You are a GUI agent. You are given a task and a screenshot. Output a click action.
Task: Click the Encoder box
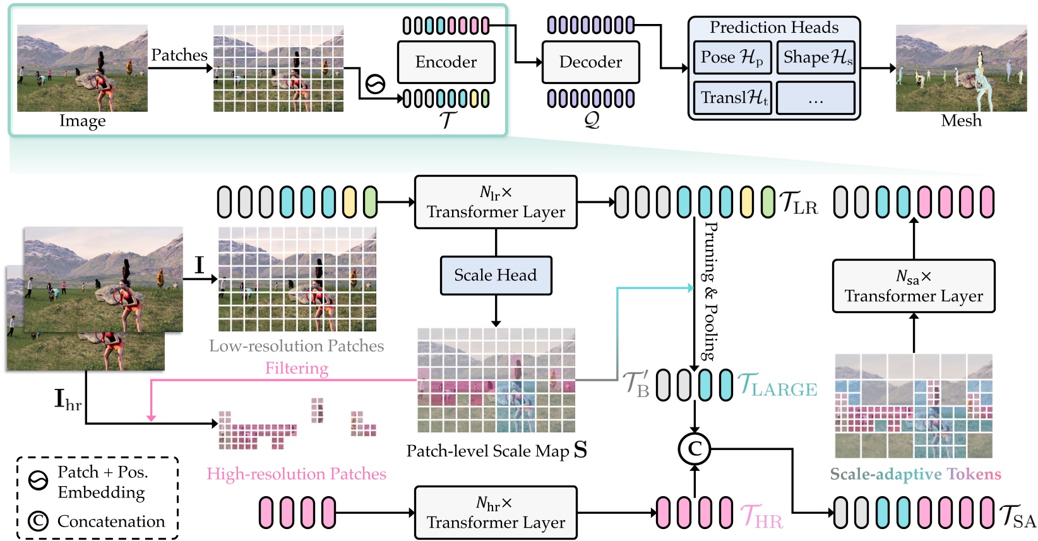pyautogui.click(x=446, y=62)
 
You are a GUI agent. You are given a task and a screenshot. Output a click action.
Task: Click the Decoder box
pyautogui.click(x=590, y=62)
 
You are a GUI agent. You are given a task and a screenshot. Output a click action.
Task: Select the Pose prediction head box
pyautogui.click(x=732, y=57)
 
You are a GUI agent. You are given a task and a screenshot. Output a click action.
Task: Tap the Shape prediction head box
pyautogui.click(x=816, y=57)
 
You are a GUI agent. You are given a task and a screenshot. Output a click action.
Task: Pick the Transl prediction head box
pyautogui.click(x=732, y=97)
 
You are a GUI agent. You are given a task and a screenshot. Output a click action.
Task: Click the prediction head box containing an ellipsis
pyautogui.click(x=816, y=98)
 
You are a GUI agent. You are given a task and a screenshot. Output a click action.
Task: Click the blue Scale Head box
pyautogui.click(x=496, y=275)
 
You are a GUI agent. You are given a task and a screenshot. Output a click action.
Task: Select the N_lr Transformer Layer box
pyautogui.click(x=496, y=202)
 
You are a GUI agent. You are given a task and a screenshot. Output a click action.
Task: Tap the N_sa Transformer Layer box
pyautogui.click(x=914, y=286)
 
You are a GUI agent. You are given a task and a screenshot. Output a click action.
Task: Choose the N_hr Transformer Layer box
pyautogui.click(x=496, y=513)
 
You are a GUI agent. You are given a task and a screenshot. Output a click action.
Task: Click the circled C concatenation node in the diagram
pyautogui.click(x=695, y=449)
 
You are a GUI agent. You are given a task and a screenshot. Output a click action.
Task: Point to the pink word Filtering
pyautogui.click(x=297, y=368)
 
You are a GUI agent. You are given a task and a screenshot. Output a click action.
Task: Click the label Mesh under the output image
pyautogui.click(x=961, y=121)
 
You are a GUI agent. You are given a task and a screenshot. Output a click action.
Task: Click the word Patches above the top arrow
pyautogui.click(x=179, y=55)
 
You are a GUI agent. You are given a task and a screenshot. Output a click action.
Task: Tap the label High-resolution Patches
pyautogui.click(x=296, y=474)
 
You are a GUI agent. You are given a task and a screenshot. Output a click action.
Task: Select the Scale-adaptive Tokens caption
pyautogui.click(x=916, y=474)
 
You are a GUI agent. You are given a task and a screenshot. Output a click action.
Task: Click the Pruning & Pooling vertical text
pyautogui.click(x=710, y=291)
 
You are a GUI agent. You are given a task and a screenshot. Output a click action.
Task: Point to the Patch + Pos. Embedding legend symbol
pyautogui.click(x=39, y=481)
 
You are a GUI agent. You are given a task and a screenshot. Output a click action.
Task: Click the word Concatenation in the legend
pyautogui.click(x=111, y=521)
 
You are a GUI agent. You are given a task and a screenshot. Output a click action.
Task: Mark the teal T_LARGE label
pyautogui.click(x=777, y=385)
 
